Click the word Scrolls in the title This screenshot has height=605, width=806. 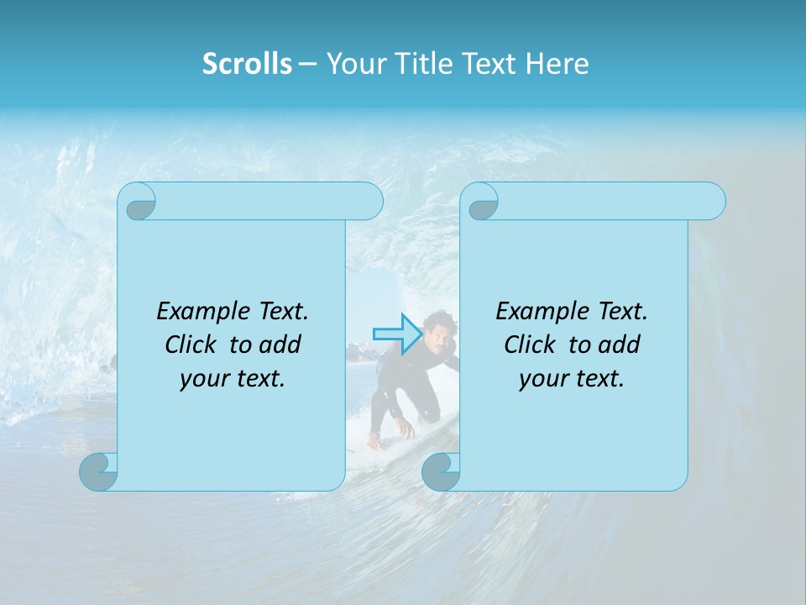[x=247, y=63]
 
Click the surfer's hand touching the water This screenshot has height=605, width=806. [x=406, y=429]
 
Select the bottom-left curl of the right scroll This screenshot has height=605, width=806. [x=441, y=471]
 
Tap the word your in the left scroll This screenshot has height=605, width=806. [x=202, y=379]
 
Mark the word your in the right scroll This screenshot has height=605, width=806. [x=542, y=379]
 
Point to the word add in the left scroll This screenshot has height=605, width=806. [x=280, y=345]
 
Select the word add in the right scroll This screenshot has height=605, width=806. [x=620, y=345]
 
